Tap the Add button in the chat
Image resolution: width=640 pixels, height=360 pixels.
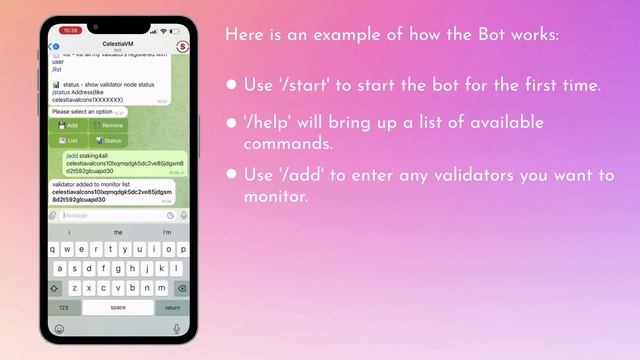coord(69,126)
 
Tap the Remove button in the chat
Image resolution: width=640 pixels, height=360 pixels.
coord(110,126)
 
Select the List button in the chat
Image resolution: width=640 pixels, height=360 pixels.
coord(69,141)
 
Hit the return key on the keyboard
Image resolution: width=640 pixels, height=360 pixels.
coord(172,308)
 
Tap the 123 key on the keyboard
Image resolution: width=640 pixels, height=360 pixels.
coord(64,308)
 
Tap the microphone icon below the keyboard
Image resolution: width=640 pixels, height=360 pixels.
coord(177,328)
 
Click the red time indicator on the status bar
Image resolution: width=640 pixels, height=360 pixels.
coord(70,31)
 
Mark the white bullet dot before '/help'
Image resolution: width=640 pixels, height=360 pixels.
coord(232,123)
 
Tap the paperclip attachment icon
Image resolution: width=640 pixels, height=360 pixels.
coord(53,215)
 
